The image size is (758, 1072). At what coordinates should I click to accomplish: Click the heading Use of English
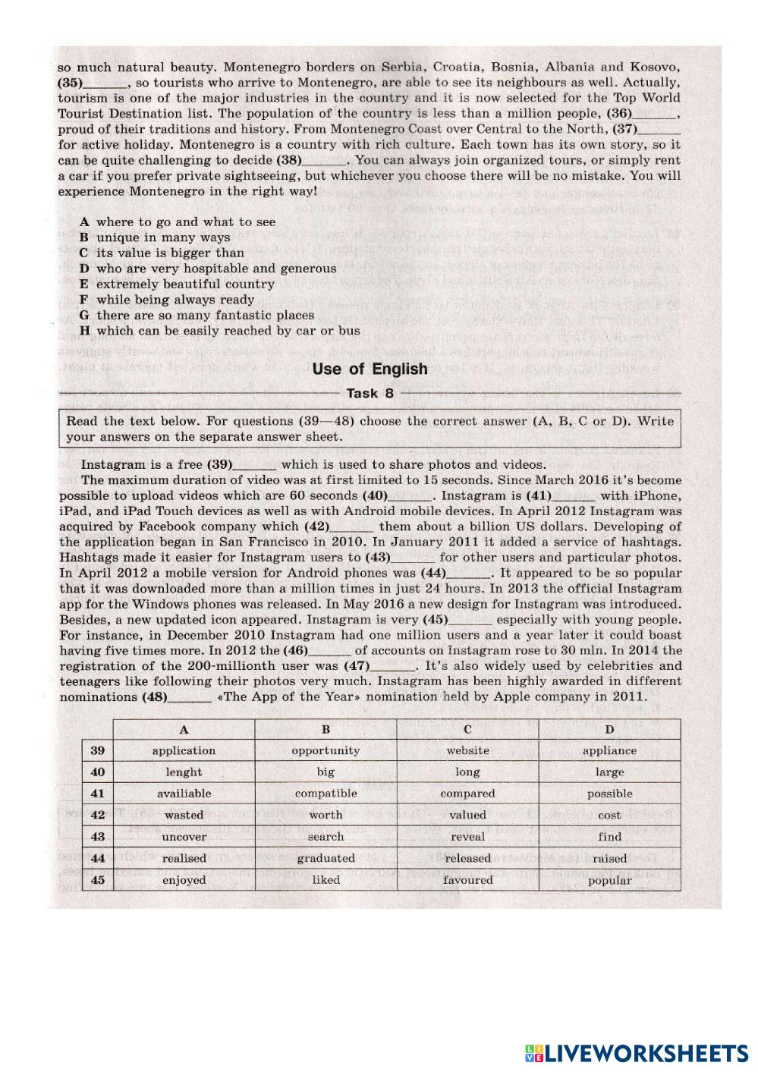point(370,369)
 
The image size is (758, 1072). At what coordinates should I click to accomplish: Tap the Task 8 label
point(370,393)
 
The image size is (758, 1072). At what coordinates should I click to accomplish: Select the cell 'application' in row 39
point(184,750)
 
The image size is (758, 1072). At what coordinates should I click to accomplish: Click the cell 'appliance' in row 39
point(609,750)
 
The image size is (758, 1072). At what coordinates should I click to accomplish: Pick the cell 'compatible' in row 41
point(326,794)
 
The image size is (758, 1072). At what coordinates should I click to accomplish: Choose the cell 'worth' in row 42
point(326,815)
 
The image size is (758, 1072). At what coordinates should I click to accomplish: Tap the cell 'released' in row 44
point(467,858)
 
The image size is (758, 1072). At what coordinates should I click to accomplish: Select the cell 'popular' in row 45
point(609,880)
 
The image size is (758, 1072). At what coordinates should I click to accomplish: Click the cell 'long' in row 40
point(467,772)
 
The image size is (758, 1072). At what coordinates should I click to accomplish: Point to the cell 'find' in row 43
point(609,837)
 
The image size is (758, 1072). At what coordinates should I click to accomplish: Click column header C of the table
point(467,729)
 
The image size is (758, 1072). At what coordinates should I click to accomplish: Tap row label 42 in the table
point(97,815)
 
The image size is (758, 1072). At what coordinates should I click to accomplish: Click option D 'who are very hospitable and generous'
point(216,269)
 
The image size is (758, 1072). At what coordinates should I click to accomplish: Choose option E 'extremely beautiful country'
point(185,284)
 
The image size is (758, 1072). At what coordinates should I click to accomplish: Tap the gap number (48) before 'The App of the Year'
point(155,696)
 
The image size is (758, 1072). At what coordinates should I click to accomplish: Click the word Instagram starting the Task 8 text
point(112,464)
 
